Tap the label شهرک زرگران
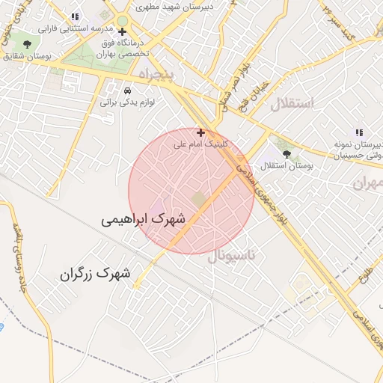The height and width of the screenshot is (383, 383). pos(95,274)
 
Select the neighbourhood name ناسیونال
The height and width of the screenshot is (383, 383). pos(231,256)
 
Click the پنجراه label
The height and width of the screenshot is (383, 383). pos(156,75)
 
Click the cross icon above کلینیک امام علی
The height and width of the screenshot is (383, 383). pos(200,132)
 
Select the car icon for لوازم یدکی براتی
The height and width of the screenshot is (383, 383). pos(127,91)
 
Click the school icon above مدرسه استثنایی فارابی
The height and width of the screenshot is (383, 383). pos(73,17)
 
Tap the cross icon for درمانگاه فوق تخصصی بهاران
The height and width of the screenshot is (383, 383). pos(122,31)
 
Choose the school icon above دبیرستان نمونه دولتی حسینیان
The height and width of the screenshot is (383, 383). pos(358,132)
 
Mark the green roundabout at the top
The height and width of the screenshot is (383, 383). pos(122,21)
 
